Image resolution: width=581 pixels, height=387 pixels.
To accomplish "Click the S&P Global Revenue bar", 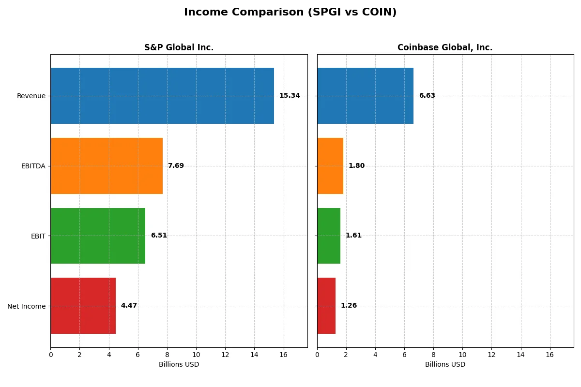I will pyautogui.click(x=162, y=96).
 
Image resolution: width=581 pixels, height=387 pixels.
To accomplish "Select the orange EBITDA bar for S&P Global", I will pyautogui.click(x=107, y=166).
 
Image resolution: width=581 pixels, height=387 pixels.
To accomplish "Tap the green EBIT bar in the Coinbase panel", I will pyautogui.click(x=329, y=236).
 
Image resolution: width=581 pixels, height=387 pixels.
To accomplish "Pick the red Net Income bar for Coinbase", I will pyautogui.click(x=326, y=306).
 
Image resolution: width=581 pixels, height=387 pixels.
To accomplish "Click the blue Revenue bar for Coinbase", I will pyautogui.click(x=365, y=96).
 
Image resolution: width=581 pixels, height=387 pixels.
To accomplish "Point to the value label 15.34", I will pyautogui.click(x=290, y=96).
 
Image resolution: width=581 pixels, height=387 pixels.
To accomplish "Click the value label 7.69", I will pyautogui.click(x=176, y=166).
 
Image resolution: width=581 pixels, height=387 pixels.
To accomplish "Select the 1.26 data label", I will pyautogui.click(x=349, y=306).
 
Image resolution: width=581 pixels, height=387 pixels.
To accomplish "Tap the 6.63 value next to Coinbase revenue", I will pyautogui.click(x=427, y=96).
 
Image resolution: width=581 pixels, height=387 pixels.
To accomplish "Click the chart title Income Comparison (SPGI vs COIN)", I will pyautogui.click(x=290, y=13).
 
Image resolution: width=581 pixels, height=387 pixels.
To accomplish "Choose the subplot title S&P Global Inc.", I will pyautogui.click(x=179, y=47).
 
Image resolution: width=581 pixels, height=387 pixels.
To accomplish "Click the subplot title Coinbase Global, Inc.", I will pyautogui.click(x=445, y=47).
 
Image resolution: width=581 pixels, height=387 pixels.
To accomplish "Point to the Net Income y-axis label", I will pyautogui.click(x=26, y=306).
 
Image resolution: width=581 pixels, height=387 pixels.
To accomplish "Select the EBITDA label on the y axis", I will pyautogui.click(x=33, y=166).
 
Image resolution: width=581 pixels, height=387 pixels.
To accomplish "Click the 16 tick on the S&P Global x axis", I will pyautogui.click(x=283, y=355).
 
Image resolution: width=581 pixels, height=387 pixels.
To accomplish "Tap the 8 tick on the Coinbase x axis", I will pyautogui.click(x=433, y=355).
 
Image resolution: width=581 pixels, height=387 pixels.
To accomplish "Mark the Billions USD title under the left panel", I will pyautogui.click(x=179, y=364).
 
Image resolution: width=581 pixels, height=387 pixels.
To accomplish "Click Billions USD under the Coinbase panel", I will pyautogui.click(x=445, y=364).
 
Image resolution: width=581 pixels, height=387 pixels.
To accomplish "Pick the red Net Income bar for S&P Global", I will pyautogui.click(x=83, y=306).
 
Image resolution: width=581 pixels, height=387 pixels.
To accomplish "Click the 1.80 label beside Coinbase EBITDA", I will pyautogui.click(x=356, y=166).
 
